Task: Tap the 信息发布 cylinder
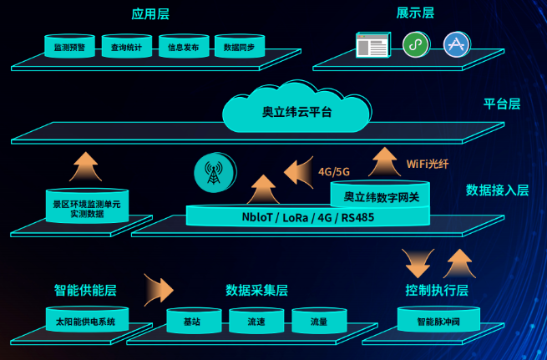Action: [x=183, y=47]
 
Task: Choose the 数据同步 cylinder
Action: [x=239, y=47]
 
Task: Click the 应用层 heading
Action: [x=150, y=13]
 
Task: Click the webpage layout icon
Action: [x=373, y=44]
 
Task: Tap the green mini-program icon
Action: [x=415, y=44]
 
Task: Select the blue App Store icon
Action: [x=457, y=43]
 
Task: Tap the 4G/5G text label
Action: [x=335, y=171]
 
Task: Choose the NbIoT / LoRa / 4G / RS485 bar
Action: [x=307, y=217]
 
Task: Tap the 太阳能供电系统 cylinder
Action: [x=86, y=321]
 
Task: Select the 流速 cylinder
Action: [x=256, y=321]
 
